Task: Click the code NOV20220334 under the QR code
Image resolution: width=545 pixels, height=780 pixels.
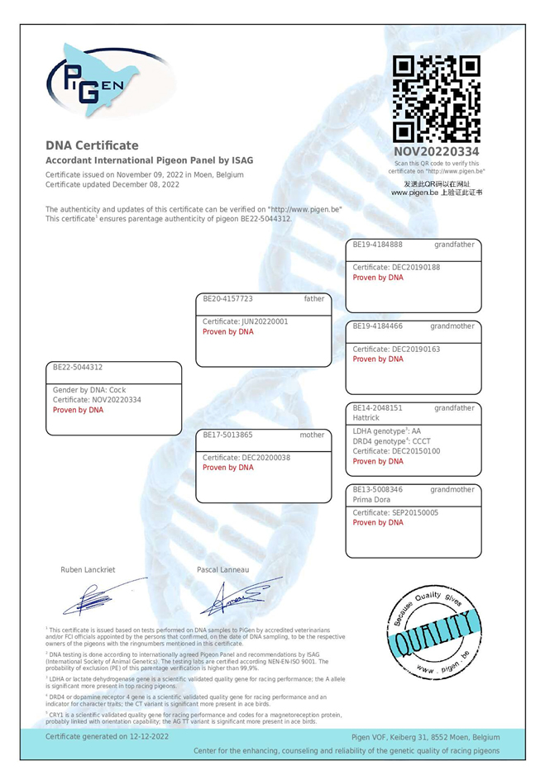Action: pyautogui.click(x=437, y=152)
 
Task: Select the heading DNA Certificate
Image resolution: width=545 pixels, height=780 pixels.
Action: pyautogui.click(x=92, y=145)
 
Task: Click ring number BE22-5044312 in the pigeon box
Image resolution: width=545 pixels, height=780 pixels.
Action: pyautogui.click(x=79, y=367)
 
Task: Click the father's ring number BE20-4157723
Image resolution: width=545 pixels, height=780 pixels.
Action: pyautogui.click(x=227, y=298)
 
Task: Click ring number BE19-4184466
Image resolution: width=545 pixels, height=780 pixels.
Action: pyautogui.click(x=377, y=326)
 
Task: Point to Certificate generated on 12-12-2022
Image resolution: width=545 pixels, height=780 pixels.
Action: pyautogui.click(x=108, y=735)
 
